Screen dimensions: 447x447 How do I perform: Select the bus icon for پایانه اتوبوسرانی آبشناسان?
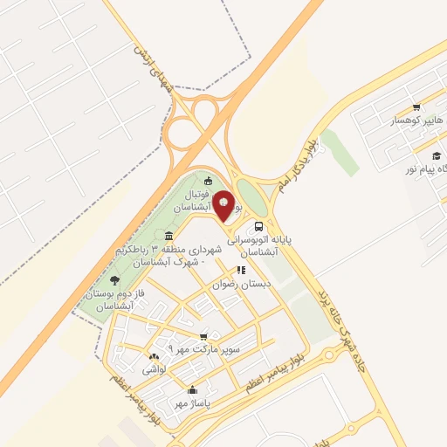[245, 226]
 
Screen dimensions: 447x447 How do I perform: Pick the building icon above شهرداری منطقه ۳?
[168, 237]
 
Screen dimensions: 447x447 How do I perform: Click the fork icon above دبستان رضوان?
[242, 271]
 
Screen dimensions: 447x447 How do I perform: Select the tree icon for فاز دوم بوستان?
[115, 280]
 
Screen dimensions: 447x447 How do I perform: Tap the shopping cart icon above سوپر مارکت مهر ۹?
[203, 335]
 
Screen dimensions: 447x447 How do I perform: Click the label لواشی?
[154, 370]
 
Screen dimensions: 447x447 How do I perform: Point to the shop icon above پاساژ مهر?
[192, 390]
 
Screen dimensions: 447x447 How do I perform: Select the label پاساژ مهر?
[193, 404]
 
